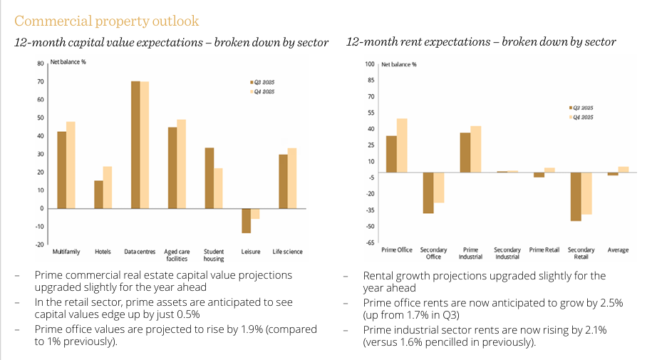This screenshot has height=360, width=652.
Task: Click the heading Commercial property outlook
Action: click(107, 21)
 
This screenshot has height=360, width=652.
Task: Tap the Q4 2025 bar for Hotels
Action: click(108, 187)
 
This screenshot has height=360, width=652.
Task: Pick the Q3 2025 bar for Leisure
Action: click(246, 220)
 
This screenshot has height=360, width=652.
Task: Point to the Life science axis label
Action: click(287, 252)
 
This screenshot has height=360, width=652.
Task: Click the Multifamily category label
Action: click(66, 252)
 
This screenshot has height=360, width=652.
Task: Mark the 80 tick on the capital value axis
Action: click(41, 63)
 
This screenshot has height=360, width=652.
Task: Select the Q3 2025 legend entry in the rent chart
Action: click(582, 107)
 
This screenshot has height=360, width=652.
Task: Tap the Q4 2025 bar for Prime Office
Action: click(402, 145)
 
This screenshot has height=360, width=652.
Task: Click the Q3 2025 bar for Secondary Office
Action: click(428, 192)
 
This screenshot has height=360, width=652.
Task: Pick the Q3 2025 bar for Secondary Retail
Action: click(576, 197)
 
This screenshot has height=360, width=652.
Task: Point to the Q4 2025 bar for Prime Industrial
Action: click(476, 149)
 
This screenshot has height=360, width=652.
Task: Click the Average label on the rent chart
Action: click(618, 250)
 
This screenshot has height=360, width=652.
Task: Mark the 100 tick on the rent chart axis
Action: click(369, 63)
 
